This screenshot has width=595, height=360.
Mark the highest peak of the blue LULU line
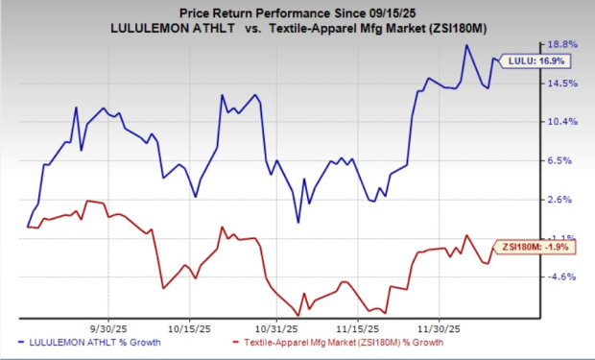pyautogui.click(x=466, y=45)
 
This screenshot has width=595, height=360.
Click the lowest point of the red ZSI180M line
pyautogui.click(x=298, y=315)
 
